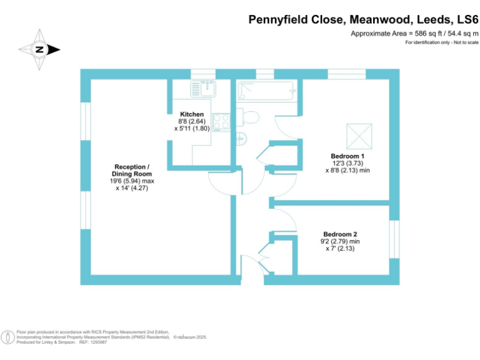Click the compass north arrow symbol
point(39,49)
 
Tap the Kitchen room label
point(192,114)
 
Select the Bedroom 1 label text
point(348,156)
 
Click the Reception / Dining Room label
point(131,170)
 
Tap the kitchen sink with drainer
point(202,89)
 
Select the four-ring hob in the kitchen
point(221,122)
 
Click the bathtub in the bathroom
point(266,91)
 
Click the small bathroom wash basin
point(242,139)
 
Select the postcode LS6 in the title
point(464,19)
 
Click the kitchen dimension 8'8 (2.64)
point(192,121)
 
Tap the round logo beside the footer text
point(8,336)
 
